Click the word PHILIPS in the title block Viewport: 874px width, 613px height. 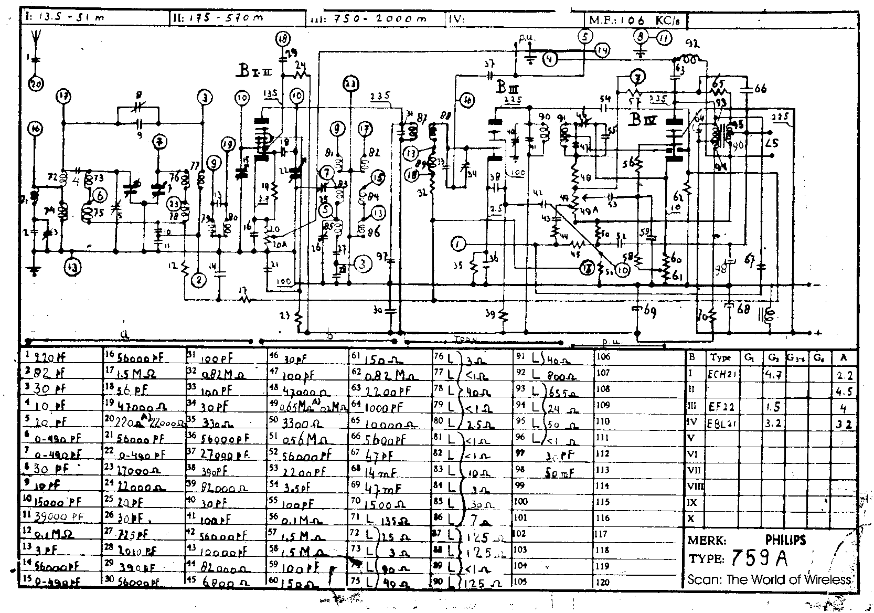point(785,539)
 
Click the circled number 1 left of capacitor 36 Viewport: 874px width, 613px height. point(458,244)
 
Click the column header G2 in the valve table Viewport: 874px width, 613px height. point(773,358)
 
